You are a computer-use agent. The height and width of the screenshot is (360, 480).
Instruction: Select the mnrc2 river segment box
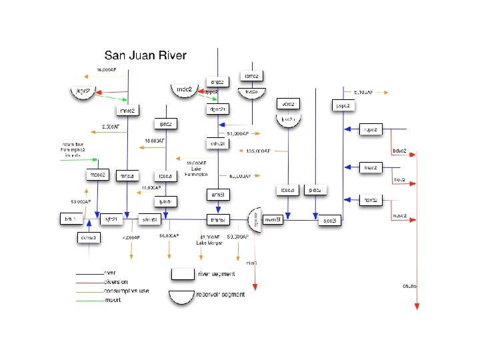(x=127, y=110)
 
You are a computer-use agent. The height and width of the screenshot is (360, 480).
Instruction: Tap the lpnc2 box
(x=166, y=124)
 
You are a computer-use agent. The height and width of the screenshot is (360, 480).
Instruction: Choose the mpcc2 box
(x=97, y=175)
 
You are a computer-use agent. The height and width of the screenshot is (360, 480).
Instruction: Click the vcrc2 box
(x=288, y=104)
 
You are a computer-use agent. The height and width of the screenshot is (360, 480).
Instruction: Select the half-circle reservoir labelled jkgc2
(x=83, y=93)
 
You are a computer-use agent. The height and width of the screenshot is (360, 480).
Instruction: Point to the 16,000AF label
(x=107, y=69)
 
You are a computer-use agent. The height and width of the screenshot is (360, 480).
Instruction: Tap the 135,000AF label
(x=258, y=151)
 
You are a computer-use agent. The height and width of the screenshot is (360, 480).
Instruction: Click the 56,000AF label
(x=169, y=236)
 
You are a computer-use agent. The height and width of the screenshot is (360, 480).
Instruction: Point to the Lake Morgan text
(x=209, y=243)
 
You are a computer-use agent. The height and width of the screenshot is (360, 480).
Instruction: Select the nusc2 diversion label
(x=400, y=215)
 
